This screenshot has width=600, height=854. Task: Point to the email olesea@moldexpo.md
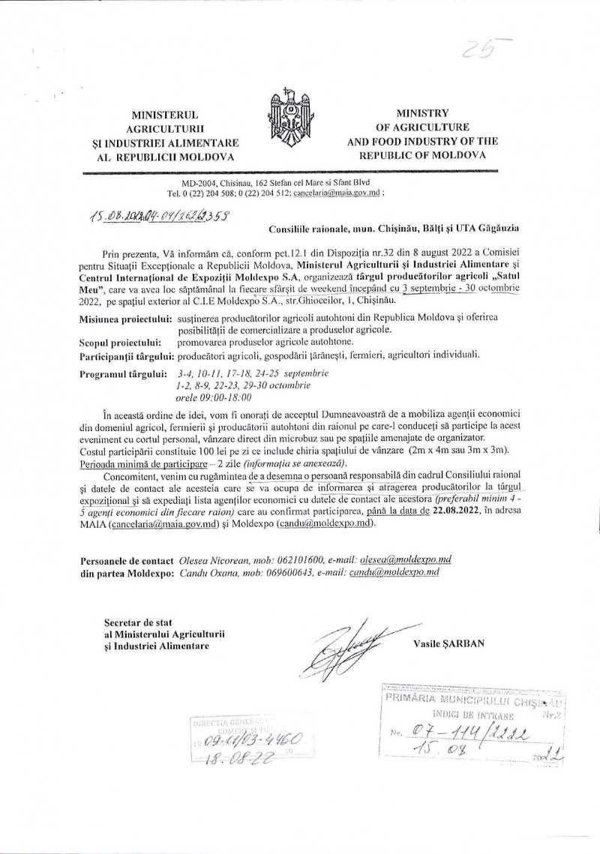point(407,559)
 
